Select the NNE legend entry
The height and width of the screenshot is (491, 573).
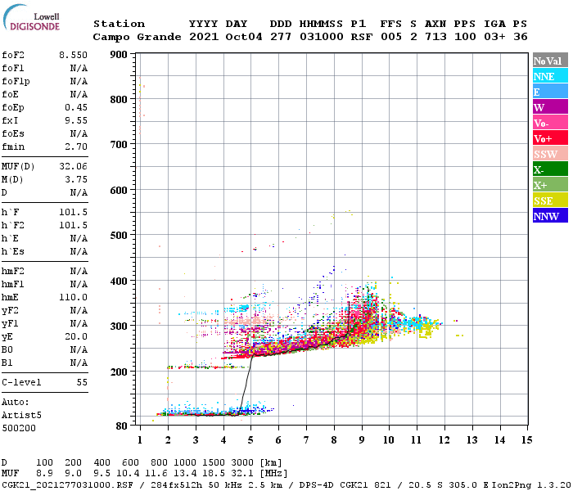coord(550,76)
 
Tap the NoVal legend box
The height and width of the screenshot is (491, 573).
coord(550,61)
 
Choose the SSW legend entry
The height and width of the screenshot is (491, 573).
coord(550,154)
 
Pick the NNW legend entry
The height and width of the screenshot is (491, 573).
coord(550,216)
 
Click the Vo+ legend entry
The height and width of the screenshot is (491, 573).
coord(550,138)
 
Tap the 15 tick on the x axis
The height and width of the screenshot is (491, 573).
coord(526,440)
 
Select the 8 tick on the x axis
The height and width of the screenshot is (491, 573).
coord(333,440)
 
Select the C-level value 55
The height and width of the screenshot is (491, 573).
coord(82,382)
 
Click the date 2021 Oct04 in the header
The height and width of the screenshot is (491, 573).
coord(225,37)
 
